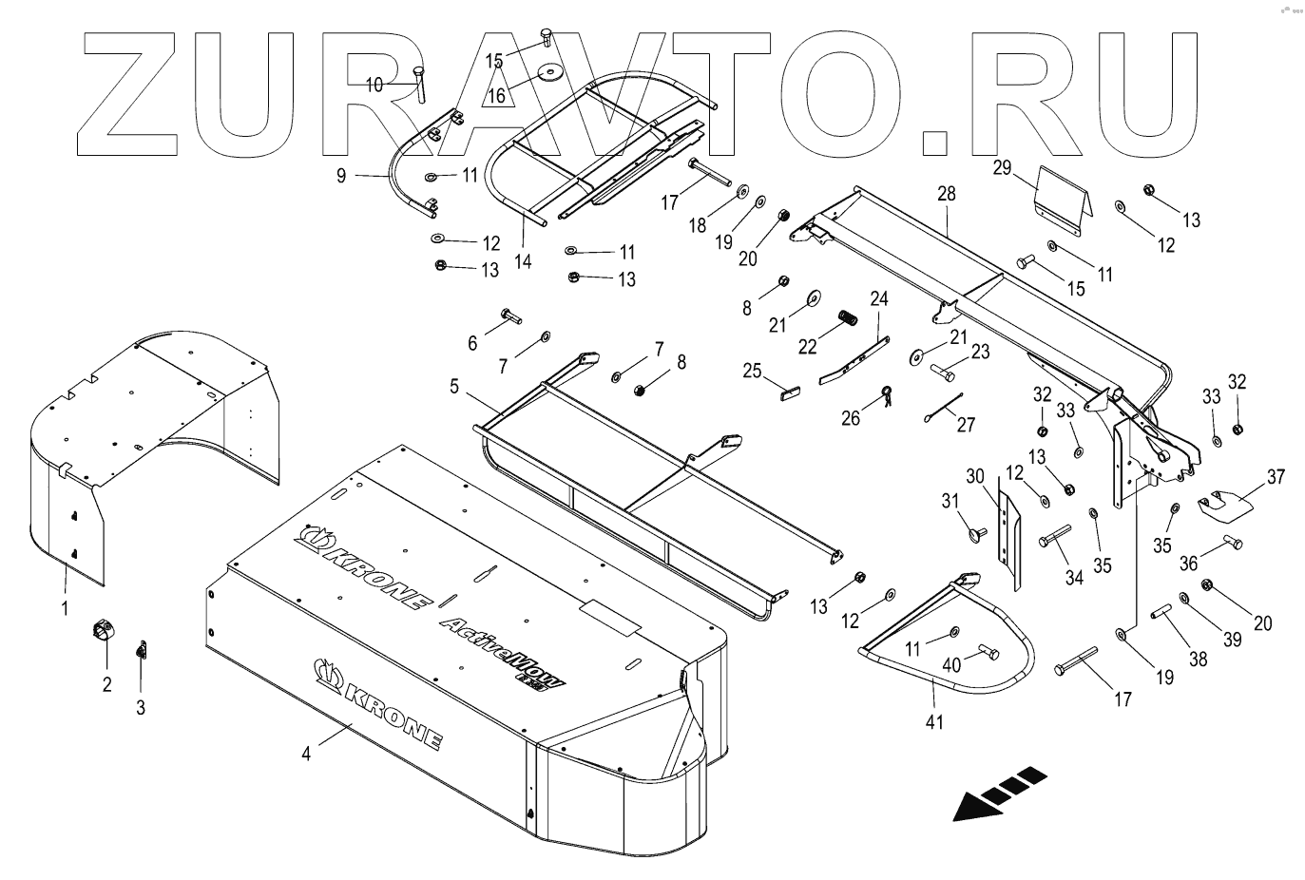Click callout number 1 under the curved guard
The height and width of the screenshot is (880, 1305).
65,607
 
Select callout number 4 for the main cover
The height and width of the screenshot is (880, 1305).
306,754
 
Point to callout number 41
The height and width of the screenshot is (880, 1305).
934,721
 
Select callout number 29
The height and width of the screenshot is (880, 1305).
1002,168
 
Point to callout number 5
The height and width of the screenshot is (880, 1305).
454,388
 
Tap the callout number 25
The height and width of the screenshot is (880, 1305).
753,371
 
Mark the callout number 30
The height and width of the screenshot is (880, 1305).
975,475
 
